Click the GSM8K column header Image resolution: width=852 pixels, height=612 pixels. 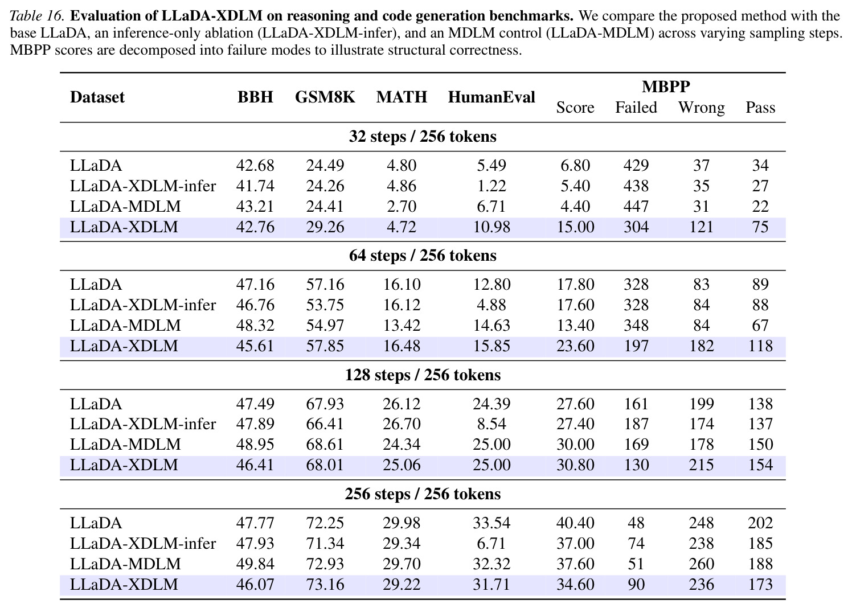point(325,97)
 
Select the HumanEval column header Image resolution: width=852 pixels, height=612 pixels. point(491,97)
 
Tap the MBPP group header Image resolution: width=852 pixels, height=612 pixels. point(666,87)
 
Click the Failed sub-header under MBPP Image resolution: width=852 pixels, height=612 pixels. point(636,107)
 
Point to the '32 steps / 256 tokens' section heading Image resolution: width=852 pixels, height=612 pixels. point(423,137)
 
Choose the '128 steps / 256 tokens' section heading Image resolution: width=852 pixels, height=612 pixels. point(423,375)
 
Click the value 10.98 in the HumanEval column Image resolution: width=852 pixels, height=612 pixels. point(491,227)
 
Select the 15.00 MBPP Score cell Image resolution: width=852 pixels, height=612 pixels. point(575,227)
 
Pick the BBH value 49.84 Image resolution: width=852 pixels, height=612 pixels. point(255,564)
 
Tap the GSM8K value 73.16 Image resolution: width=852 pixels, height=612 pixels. point(325,584)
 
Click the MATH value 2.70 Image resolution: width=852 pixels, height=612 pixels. point(402,207)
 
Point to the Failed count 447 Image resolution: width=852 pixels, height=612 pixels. point(636,207)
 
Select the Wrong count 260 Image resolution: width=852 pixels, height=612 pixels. point(702,564)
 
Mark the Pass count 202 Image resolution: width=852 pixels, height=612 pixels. point(760,523)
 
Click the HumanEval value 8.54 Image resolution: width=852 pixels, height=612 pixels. point(491,424)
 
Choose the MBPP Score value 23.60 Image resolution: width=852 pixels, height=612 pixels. point(575,346)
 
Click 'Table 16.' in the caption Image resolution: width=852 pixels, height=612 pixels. point(36,16)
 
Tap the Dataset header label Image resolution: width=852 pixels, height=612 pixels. point(97,97)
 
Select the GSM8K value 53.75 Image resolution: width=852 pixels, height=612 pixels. point(325,305)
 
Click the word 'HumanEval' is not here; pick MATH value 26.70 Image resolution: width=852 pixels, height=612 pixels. point(402,424)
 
